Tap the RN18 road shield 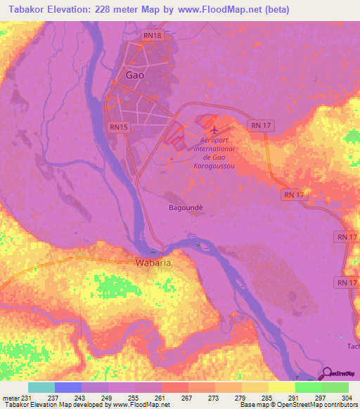pos(153,35)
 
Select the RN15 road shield pos(119,126)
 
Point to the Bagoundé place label pos(186,208)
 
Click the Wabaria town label pos(153,263)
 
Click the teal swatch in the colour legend pos(41,387)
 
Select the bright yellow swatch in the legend pos(282,387)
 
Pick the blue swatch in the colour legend pos(68,387)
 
